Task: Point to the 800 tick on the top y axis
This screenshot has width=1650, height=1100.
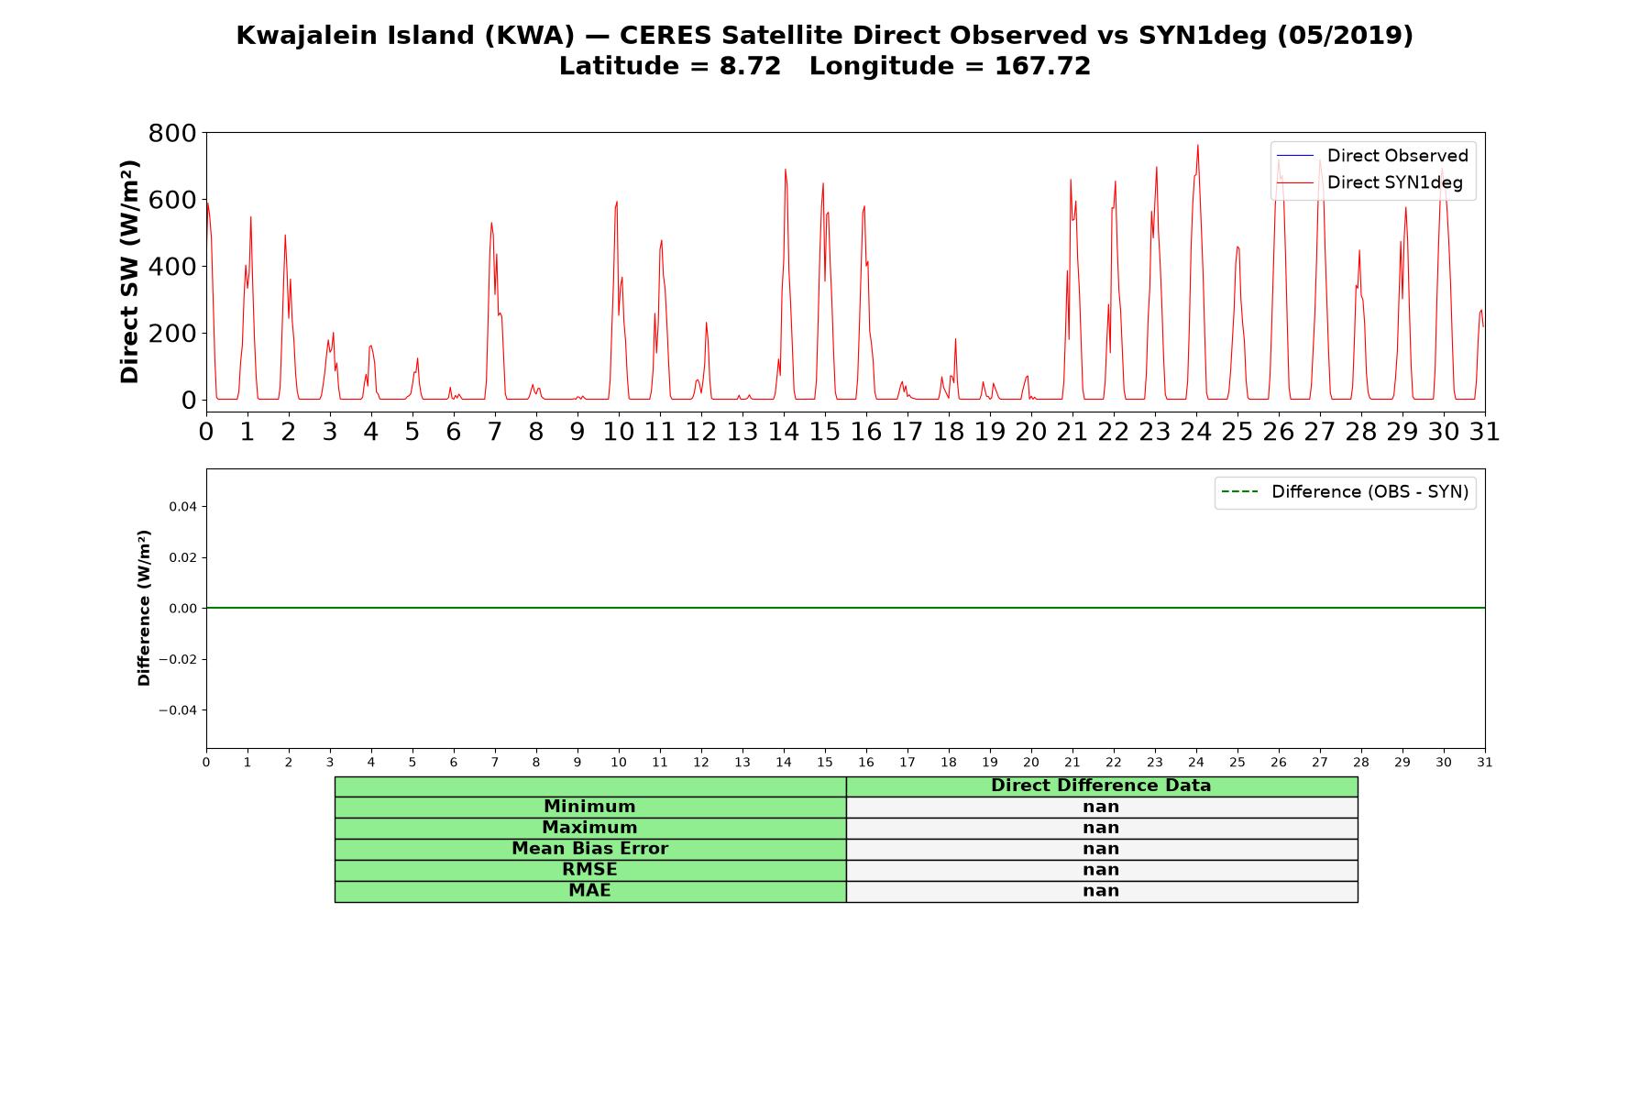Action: [172, 134]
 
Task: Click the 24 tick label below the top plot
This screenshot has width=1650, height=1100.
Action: [1196, 432]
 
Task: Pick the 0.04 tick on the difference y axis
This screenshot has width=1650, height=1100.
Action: [181, 507]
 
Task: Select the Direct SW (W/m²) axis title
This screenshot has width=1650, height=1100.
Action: [129, 271]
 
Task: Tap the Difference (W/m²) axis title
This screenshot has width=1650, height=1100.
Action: [144, 608]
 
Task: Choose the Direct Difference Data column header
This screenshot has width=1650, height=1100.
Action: [1101, 786]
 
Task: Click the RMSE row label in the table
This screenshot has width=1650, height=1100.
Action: [589, 870]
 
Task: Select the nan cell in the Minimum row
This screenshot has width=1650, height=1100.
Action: [1101, 807]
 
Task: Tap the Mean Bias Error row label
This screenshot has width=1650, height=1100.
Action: [589, 849]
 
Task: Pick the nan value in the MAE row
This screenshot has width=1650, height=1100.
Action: [1101, 891]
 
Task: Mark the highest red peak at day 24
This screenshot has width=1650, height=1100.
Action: [1197, 145]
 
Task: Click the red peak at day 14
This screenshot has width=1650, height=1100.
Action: [786, 170]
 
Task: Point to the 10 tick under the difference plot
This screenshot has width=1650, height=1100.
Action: [619, 762]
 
